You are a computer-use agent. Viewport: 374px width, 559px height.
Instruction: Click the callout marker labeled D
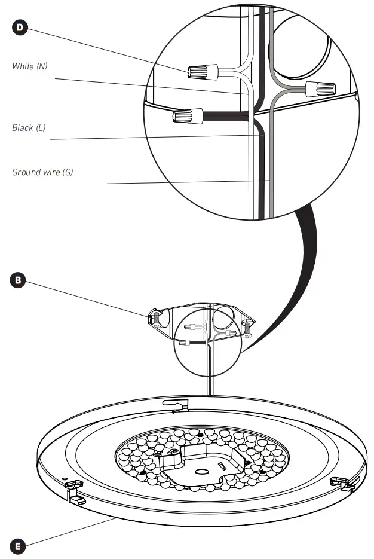[21, 28]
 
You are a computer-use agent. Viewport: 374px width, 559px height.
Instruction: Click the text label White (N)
[30, 66]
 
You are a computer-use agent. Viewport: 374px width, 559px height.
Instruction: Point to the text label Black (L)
[29, 128]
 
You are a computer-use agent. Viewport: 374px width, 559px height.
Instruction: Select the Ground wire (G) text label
[42, 172]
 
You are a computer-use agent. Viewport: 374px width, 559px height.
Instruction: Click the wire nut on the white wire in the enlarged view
[200, 72]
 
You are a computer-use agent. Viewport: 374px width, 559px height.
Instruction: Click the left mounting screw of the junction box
[155, 317]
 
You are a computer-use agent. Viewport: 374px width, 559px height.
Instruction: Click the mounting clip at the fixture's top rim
[179, 405]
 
